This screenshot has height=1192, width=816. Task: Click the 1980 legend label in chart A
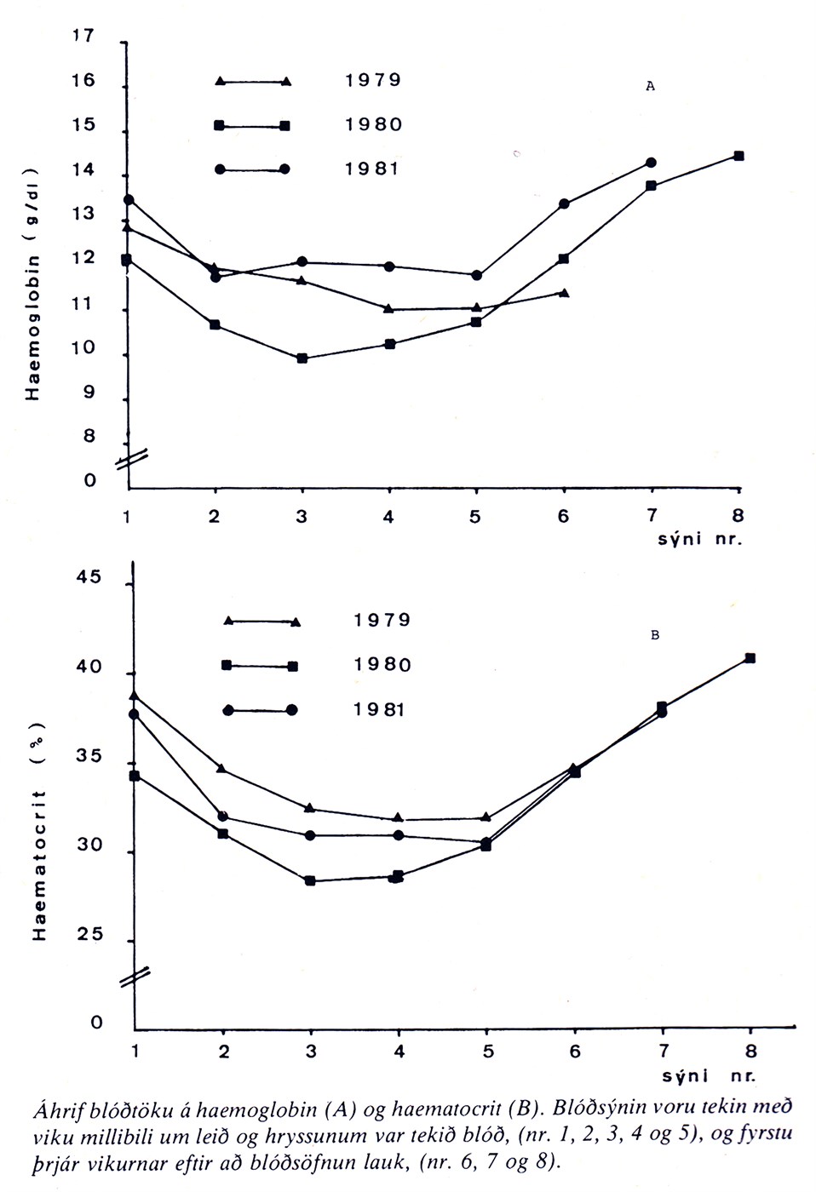[372, 124]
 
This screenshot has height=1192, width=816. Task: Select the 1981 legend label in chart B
[381, 709]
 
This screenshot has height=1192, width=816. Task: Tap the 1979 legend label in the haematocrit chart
[382, 620]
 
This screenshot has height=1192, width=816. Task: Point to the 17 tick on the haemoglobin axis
[84, 37]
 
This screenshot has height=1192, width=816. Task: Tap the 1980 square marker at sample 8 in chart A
[739, 156]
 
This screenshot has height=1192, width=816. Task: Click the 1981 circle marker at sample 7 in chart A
[652, 162]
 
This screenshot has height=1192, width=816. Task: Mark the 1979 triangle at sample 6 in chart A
[564, 293]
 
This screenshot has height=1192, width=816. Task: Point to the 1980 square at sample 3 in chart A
[302, 358]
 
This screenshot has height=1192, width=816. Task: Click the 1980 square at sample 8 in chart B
[750, 658]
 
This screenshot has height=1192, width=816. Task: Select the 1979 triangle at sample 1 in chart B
[135, 696]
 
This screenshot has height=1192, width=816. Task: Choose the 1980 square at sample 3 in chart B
[310, 880]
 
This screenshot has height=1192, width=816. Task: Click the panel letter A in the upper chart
[650, 86]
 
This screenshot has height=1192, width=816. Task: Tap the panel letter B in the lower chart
[654, 634]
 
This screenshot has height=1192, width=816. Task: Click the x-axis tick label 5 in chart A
[475, 517]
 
